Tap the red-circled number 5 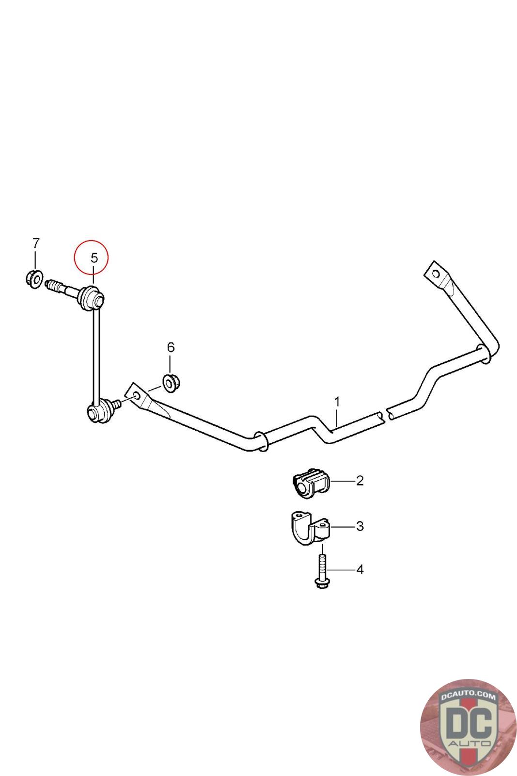[x=94, y=258]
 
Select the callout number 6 [x=170, y=347]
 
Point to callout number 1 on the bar [x=337, y=402]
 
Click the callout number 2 [x=360, y=481]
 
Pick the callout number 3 [x=360, y=526]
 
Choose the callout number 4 [x=360, y=569]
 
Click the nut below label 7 [x=32, y=279]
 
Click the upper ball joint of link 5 [x=93, y=297]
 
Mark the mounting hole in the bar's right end [x=436, y=274]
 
